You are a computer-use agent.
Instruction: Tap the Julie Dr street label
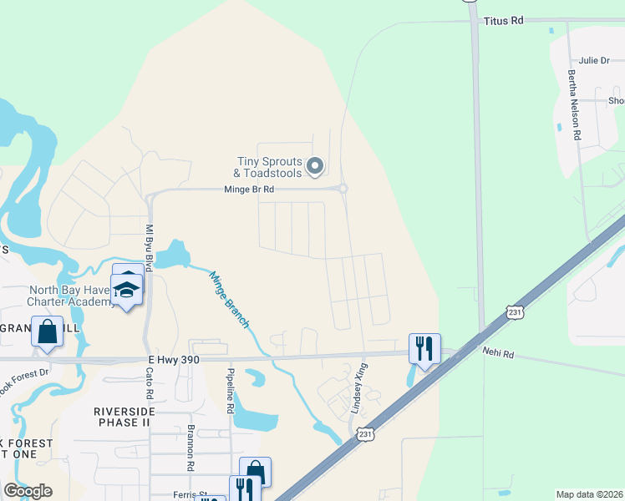tap(593, 60)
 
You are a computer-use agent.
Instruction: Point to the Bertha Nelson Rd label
tap(573, 104)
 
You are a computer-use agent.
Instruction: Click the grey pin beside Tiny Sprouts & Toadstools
tap(315, 166)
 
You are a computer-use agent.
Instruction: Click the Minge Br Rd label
tap(249, 190)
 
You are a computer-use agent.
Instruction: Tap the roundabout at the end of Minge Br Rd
tap(343, 189)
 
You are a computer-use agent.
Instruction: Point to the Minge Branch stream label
tap(229, 299)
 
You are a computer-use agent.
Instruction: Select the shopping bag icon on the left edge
tap(47, 331)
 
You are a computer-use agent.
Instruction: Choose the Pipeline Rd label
tap(231, 391)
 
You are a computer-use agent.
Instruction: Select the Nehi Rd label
tap(498, 354)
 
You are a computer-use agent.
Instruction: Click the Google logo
tap(28, 491)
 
